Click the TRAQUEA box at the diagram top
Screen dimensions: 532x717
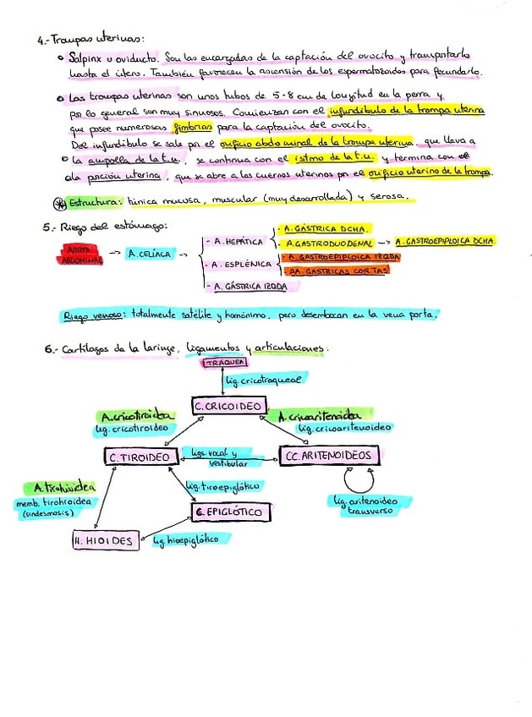tap(221, 363)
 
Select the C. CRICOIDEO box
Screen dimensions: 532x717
tap(228, 408)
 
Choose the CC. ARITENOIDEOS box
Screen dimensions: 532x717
tap(330, 457)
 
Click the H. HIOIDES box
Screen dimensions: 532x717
tap(106, 541)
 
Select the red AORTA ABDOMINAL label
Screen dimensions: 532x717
tap(82, 255)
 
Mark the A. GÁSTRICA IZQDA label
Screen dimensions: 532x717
tap(250, 287)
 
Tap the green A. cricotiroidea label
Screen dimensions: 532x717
tap(137, 417)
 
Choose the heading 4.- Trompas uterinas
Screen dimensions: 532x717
tap(91, 39)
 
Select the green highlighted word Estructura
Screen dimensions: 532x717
tap(95, 202)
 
